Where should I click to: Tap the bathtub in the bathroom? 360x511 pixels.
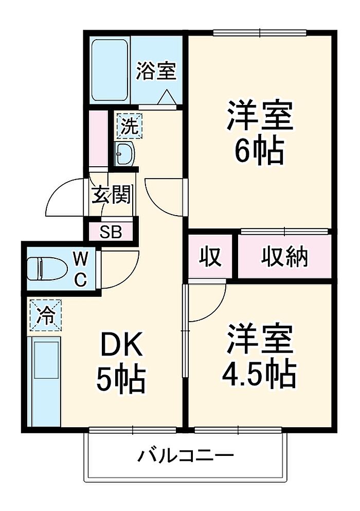click(x=109, y=71)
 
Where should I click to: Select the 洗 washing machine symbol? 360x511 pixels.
click(x=130, y=126)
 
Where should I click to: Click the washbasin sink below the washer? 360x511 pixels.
click(x=124, y=153)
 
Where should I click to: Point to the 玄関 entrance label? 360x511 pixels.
click(x=111, y=195)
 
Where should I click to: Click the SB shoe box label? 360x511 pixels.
click(x=111, y=232)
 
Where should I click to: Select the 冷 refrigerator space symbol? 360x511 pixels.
click(x=46, y=315)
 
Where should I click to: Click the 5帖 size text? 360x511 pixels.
click(x=121, y=379)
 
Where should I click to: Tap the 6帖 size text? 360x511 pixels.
click(x=259, y=151)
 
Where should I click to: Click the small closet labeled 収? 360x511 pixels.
click(x=210, y=256)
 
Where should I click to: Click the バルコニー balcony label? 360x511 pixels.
click(x=185, y=455)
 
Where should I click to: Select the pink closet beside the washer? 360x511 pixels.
click(x=99, y=138)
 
